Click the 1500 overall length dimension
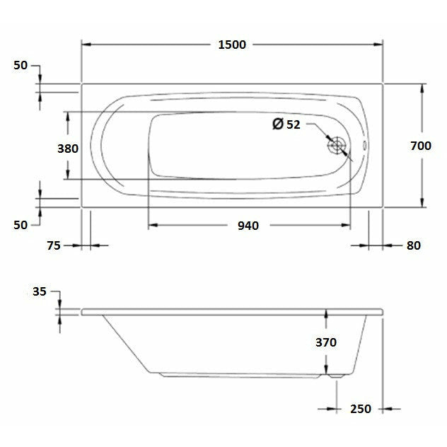pyautogui.click(x=231, y=45)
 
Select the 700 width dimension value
pyautogui.click(x=420, y=146)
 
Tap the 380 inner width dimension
pyautogui.click(x=68, y=149)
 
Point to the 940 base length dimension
pyautogui.click(x=248, y=226)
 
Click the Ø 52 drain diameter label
pyautogui.click(x=286, y=124)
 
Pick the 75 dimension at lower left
pyautogui.click(x=54, y=245)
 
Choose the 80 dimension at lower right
pyautogui.click(x=413, y=245)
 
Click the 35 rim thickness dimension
pyautogui.click(x=39, y=291)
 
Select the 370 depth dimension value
pyautogui.click(x=325, y=342)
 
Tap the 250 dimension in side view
pyautogui.click(x=360, y=408)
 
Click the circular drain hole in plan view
pyautogui.click(x=337, y=146)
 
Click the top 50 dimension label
pyautogui.click(x=21, y=65)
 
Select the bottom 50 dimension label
pyautogui.click(x=21, y=225)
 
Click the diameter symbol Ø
pyautogui.click(x=278, y=124)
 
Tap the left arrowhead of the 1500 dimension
pyautogui.click(x=87, y=45)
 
